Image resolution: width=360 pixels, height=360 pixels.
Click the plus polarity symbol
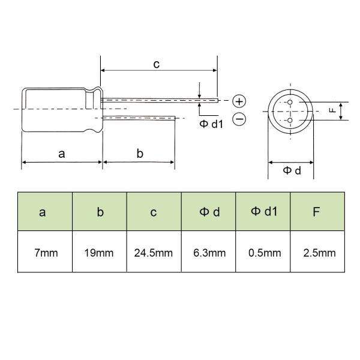point(239,101)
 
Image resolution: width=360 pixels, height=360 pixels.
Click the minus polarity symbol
point(239,119)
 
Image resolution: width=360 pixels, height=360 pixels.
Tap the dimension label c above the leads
point(157,64)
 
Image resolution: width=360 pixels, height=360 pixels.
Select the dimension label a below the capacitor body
point(62,154)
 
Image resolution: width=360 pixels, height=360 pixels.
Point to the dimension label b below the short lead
point(140,154)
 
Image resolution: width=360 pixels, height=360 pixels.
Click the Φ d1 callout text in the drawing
point(211,124)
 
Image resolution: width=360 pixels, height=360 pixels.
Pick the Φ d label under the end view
point(292,170)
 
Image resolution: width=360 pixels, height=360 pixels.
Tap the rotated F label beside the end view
point(332,110)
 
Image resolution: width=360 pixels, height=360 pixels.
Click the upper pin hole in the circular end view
point(290,102)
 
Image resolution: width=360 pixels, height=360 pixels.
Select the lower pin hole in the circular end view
point(290,121)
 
